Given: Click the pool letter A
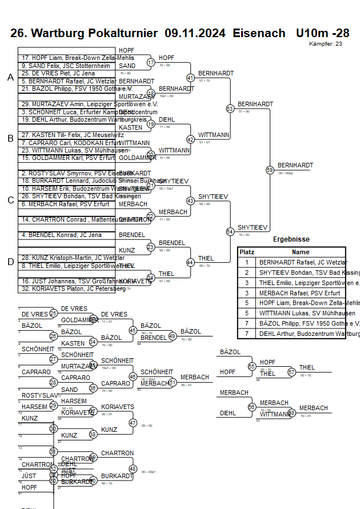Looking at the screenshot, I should point(10,77).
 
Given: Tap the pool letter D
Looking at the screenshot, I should point(10,262).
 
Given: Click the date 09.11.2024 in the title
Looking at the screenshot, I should point(195,33).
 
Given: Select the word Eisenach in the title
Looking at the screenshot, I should point(259,33).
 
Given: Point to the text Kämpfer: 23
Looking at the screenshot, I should point(326,43).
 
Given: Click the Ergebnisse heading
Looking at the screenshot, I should point(291,239).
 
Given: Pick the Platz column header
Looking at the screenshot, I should point(247,252).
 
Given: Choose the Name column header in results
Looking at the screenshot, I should point(300,252).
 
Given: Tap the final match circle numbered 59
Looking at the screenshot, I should point(270,170).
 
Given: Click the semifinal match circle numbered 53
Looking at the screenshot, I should point(230,108).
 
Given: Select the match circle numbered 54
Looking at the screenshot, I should point(230,231).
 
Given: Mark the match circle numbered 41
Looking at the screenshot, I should point(191,78).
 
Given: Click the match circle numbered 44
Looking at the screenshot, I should point(191,262).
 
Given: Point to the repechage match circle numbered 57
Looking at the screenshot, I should point(291,372).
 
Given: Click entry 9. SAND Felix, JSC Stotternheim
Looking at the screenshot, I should point(65,66).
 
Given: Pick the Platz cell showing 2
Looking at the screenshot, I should point(247,272).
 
